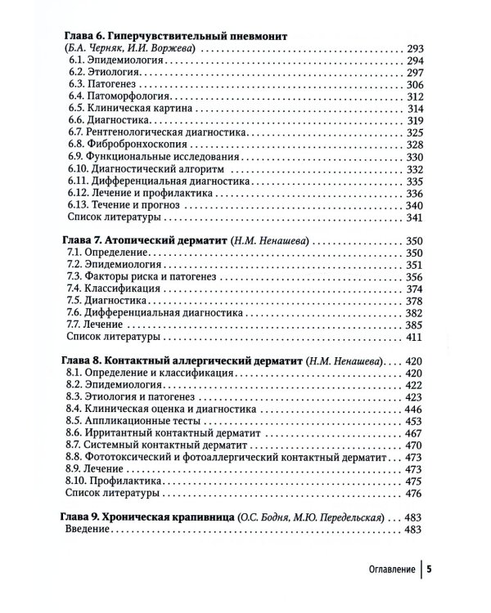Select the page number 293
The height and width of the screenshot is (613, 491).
pyautogui.click(x=415, y=49)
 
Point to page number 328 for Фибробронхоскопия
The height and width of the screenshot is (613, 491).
pyautogui.click(x=415, y=144)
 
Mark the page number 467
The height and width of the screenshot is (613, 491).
pyautogui.click(x=415, y=432)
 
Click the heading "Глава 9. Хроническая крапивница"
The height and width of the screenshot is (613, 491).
pyautogui.click(x=149, y=517)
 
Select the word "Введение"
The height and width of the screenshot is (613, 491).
pyautogui.click(x=88, y=531)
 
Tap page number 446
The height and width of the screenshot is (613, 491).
pyautogui.click(x=415, y=409)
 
